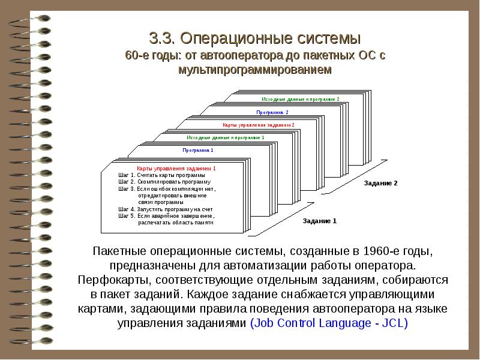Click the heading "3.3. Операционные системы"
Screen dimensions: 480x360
(254, 39)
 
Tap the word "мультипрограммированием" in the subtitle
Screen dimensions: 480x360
(254, 70)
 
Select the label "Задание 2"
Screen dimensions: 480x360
(380, 183)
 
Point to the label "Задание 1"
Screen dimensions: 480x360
(320, 221)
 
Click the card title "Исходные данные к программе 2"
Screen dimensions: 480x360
(301, 98)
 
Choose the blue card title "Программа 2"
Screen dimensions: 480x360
(272, 112)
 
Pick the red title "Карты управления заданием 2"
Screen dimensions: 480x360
(259, 125)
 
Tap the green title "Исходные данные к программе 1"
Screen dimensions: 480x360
(225, 137)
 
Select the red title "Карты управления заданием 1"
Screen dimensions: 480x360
(176, 169)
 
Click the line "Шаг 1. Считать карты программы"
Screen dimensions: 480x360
(161, 175)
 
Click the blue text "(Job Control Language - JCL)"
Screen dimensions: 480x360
(329, 323)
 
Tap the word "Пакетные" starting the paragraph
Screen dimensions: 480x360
(117, 250)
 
